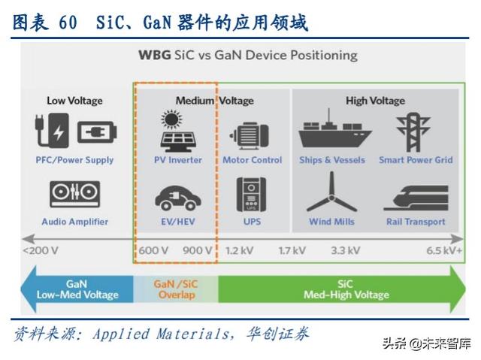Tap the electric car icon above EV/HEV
pos(177,197)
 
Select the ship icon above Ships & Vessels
pos(331,132)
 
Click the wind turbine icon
pos(331,193)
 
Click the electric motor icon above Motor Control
pos(252,135)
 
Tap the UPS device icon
pos(252,195)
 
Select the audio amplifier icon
pos(74,194)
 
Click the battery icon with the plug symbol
pos(97,133)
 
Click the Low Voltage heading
pos(74,101)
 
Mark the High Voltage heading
pos(375,101)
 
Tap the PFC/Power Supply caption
pos(74,160)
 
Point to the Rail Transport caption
pos(416,222)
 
